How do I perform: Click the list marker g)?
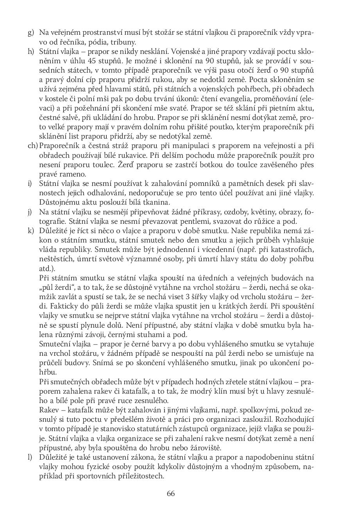tap(30, 33)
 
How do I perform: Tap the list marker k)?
tap(30, 230)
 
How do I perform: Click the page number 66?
tap(171, 493)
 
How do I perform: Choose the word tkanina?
tap(147, 202)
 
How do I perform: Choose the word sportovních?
tap(91, 476)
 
